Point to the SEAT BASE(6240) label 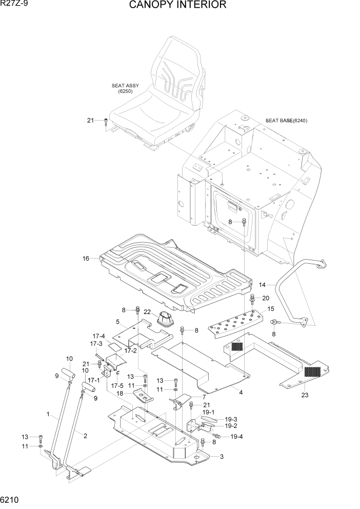pyautogui.click(x=286, y=121)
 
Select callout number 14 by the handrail pyautogui.click(x=263, y=284)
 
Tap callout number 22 pyautogui.click(x=147, y=312)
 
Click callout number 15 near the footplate pyautogui.click(x=271, y=309)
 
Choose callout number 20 pyautogui.click(x=266, y=298)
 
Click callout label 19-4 pyautogui.click(x=236, y=437)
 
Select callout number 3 pyautogui.click(x=221, y=456)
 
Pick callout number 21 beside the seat pyautogui.click(x=90, y=121)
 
